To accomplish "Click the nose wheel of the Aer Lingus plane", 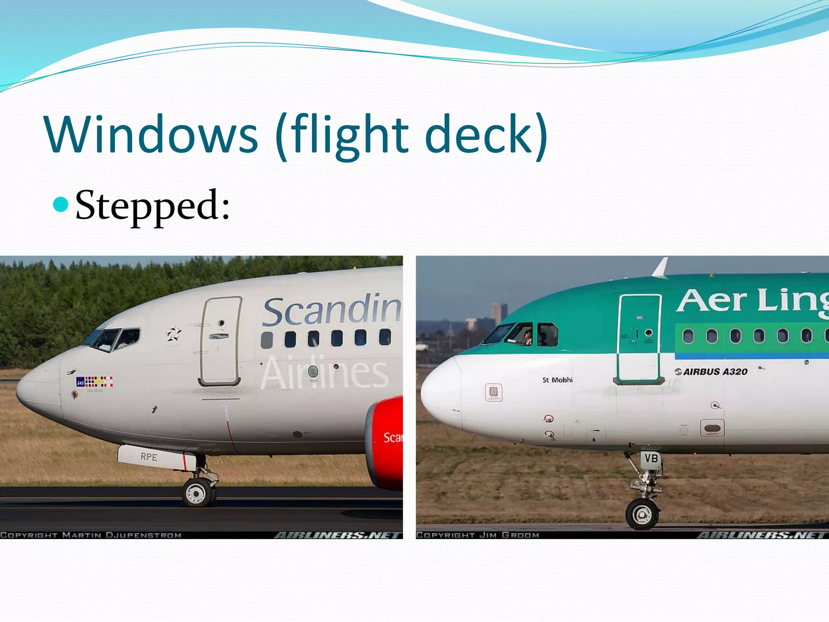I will point(642,514).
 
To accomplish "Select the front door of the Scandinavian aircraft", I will point(220,341).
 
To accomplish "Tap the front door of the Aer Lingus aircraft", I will point(639,339).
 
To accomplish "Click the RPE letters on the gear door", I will point(149,457).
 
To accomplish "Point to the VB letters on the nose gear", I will point(651,458).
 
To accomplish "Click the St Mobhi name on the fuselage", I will point(557,380).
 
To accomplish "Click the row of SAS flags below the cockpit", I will point(95,381).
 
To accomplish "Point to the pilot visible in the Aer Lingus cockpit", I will point(527,337).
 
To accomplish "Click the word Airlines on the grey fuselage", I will point(324,373).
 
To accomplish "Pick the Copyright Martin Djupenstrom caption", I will point(91,535).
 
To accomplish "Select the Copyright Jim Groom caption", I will point(478,535).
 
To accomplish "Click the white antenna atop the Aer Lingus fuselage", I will point(661,268).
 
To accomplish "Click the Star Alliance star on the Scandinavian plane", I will point(174,334).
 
